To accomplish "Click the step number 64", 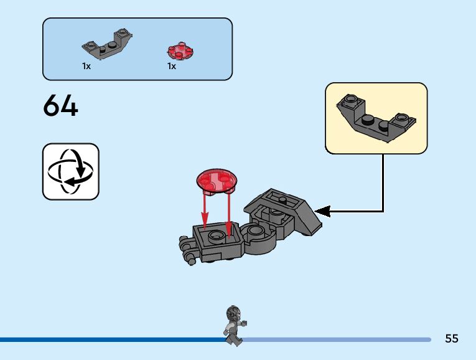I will click(x=60, y=106).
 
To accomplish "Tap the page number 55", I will click(x=452, y=339).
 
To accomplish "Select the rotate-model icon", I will click(x=70, y=171).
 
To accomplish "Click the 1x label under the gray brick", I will click(x=86, y=66).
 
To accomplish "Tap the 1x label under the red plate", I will click(x=171, y=66).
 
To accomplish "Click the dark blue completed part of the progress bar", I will click(x=112, y=339).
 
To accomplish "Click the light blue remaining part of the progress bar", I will click(x=336, y=339).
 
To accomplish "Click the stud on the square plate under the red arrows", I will click(x=217, y=235).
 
